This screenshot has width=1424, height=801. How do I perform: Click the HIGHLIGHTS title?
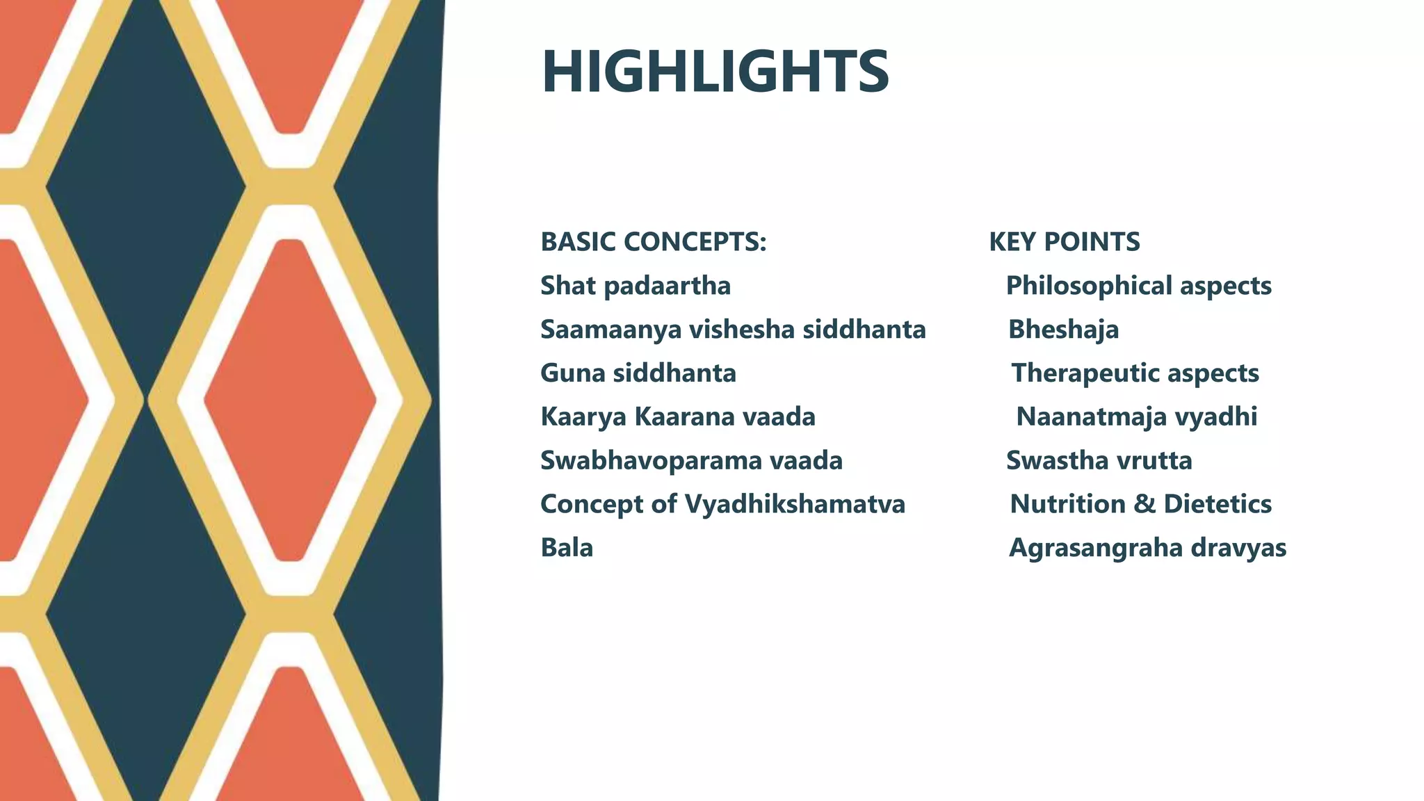pyautogui.click(x=715, y=72)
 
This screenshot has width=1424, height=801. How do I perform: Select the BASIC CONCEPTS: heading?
pyautogui.click(x=653, y=242)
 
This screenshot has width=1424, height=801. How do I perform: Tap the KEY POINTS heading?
pyautogui.click(x=1064, y=242)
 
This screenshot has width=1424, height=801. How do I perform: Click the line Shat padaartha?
pyautogui.click(x=636, y=286)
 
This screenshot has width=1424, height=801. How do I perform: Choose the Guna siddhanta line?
pyautogui.click(x=638, y=373)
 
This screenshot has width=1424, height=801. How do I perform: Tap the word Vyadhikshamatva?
pyautogui.click(x=794, y=504)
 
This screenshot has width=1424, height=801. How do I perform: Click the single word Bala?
pyautogui.click(x=567, y=548)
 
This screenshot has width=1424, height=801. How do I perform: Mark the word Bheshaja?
pyautogui.click(x=1063, y=330)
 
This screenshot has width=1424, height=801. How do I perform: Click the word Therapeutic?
pyautogui.click(x=1085, y=373)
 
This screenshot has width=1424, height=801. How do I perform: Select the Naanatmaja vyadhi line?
pyautogui.click(x=1136, y=417)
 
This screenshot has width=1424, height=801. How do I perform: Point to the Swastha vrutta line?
pyautogui.click(x=1099, y=460)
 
